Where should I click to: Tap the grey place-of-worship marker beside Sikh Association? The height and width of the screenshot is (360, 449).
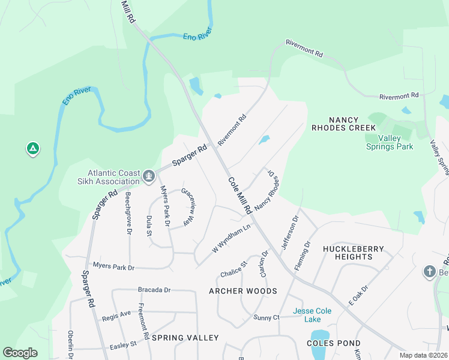[x=149, y=176]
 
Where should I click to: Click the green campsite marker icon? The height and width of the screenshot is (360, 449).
[x=33, y=148]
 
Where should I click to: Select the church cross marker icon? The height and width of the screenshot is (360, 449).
[x=429, y=272]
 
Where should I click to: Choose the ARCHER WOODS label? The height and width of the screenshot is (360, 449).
[x=243, y=291]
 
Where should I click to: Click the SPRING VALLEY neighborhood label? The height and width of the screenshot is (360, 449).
[x=185, y=338]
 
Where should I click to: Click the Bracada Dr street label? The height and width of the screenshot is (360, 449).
[x=154, y=289]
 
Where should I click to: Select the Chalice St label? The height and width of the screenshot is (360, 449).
[x=234, y=268]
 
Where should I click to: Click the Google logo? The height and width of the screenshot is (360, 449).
[x=20, y=352]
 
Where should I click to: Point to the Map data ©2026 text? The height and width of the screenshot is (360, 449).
[x=423, y=355]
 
